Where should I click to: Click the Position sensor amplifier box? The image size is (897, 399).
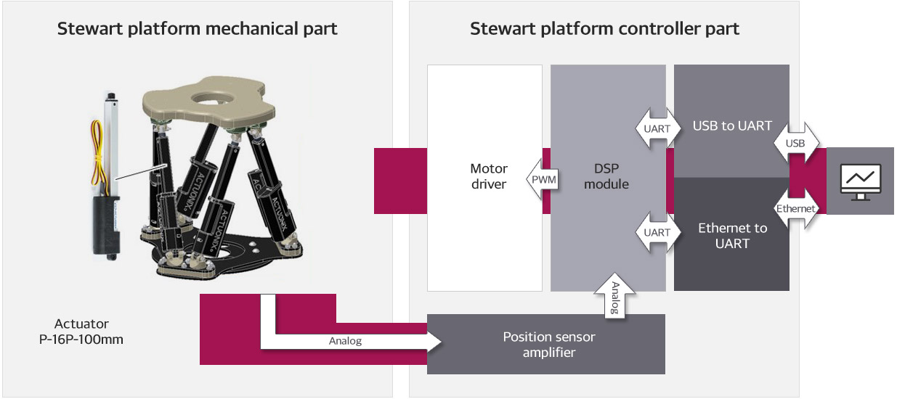click(x=545, y=345)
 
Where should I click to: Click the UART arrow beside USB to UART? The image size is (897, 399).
click(x=657, y=128)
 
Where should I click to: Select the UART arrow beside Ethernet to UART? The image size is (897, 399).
click(x=657, y=232)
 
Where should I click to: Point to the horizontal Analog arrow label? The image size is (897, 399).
click(x=345, y=340)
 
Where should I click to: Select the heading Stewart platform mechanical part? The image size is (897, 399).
click(x=197, y=29)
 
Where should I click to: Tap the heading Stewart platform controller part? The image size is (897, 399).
click(x=604, y=29)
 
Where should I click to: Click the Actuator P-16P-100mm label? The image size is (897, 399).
click(x=81, y=332)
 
